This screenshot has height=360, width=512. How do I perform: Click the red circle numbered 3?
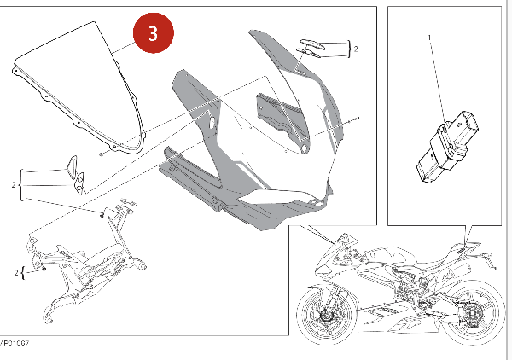click(x=154, y=32)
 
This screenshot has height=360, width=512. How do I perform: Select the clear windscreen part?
click(x=79, y=88)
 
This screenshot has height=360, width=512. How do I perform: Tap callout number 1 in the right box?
click(x=430, y=38)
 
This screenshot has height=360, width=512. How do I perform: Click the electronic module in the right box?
click(x=447, y=147)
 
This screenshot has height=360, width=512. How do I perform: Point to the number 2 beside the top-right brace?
click(x=356, y=49)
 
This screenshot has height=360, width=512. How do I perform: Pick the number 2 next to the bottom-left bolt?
click(x=16, y=272)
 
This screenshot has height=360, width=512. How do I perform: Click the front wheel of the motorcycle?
click(x=328, y=315)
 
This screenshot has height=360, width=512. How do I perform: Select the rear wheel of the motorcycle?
click(x=472, y=314)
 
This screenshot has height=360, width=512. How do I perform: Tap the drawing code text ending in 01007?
click(x=15, y=343)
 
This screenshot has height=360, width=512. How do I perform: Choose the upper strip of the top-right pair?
click(x=312, y=44)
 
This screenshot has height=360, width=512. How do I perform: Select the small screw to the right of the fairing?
click(x=358, y=118)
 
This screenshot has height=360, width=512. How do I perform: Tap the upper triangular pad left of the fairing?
click(x=72, y=164)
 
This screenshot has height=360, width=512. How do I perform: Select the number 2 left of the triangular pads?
click(x=14, y=185)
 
